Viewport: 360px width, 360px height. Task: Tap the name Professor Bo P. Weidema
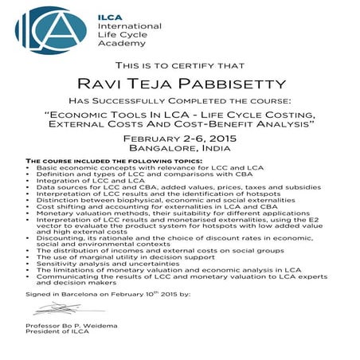click(72, 327)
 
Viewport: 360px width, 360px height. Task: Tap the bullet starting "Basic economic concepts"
click(127, 168)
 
